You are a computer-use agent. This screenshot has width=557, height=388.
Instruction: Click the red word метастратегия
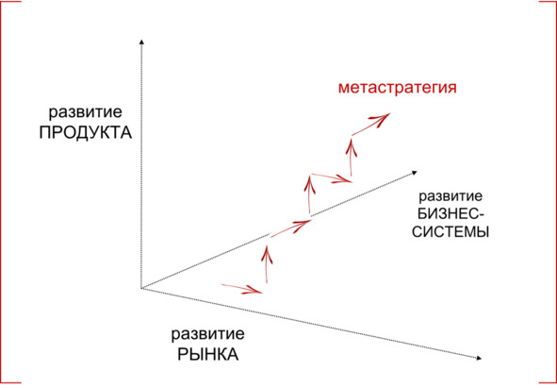click(x=397, y=88)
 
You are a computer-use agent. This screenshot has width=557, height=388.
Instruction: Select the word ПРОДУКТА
click(x=86, y=133)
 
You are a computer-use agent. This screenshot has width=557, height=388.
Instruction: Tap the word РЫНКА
click(x=208, y=355)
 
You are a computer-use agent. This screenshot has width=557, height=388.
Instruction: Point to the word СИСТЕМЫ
click(x=451, y=231)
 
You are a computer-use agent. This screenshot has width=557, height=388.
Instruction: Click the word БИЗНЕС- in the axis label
click(x=451, y=214)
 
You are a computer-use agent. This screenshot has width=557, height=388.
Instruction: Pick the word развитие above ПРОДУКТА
click(x=85, y=112)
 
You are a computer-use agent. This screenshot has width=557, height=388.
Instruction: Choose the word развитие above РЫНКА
click(x=207, y=334)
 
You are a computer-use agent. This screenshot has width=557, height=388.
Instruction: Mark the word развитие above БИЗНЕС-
click(x=451, y=196)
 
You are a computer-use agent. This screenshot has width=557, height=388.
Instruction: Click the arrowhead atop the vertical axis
click(x=141, y=42)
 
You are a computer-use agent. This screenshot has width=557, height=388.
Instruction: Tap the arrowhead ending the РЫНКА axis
click(x=479, y=358)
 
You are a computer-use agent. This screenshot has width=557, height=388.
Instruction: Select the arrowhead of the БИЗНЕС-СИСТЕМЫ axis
click(x=414, y=173)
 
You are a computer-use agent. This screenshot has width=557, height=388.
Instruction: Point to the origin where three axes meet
click(x=141, y=288)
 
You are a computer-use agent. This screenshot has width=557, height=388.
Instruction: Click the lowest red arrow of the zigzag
click(x=242, y=289)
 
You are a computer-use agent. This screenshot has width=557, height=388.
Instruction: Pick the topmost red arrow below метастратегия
click(x=370, y=124)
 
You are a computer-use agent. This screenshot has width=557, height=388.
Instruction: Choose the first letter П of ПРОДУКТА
click(x=45, y=133)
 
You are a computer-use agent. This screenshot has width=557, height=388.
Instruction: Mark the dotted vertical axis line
click(x=141, y=165)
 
